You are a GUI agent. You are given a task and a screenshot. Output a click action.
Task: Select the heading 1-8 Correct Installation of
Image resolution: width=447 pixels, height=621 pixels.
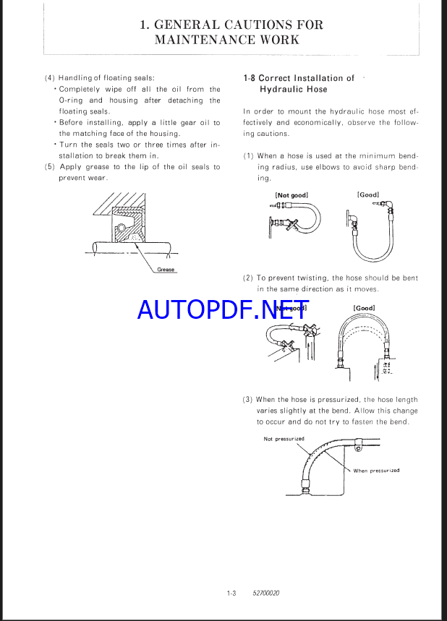[x=299, y=78]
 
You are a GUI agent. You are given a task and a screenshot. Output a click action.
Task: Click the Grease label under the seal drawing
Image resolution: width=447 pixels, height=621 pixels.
[x=166, y=270]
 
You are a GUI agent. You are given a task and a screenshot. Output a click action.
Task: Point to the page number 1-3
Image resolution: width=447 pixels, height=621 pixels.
[x=231, y=594]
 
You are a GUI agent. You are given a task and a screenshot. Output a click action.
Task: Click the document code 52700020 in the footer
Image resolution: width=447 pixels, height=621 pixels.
[x=266, y=594]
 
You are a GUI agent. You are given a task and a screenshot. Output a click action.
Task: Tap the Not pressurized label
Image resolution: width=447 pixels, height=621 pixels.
[x=284, y=439]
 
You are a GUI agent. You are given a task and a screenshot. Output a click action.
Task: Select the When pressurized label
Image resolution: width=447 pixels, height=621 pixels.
[x=376, y=471]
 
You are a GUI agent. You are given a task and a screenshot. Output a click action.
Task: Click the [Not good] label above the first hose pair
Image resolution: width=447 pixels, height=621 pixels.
[x=290, y=195]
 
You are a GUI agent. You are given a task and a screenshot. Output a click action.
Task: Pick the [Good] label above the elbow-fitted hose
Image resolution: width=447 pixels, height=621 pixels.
[x=368, y=194]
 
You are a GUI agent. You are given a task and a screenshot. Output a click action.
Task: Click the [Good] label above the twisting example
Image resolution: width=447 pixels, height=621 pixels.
[x=364, y=308]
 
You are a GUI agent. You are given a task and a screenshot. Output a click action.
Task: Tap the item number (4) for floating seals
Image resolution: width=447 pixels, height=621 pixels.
[x=49, y=78]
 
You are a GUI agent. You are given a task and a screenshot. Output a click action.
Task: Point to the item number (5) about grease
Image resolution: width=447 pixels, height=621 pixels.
[x=49, y=167]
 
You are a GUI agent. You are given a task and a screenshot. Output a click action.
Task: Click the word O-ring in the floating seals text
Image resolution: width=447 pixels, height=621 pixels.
[x=70, y=100]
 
